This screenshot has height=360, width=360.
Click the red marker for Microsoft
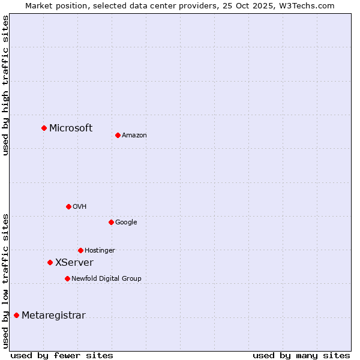pos(44,128)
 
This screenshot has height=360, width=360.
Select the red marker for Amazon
pos(118,135)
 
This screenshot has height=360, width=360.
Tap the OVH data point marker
pos(68,206)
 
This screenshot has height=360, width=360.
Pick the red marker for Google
pos(111,222)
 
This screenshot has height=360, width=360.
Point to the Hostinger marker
pos(80,250)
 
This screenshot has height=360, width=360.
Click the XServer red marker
pos(50,262)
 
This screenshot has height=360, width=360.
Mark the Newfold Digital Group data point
pos(67,278)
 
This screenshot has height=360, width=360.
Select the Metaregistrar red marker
pos(16,315)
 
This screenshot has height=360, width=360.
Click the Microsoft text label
pos(71,128)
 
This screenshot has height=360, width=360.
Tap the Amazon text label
pos(134,136)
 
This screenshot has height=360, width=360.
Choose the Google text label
pos(126,223)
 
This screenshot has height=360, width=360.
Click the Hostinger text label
pos(100,251)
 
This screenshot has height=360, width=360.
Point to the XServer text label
pos(74,263)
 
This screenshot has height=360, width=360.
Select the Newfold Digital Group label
pos(106,279)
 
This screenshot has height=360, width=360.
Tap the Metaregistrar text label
pos(53,316)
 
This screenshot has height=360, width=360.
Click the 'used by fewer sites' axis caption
pos(62,355)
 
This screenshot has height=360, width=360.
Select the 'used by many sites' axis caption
pos(301,355)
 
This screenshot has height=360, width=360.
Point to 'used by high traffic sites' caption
pos(5,85)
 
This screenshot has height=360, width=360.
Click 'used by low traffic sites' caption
pos(5,281)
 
